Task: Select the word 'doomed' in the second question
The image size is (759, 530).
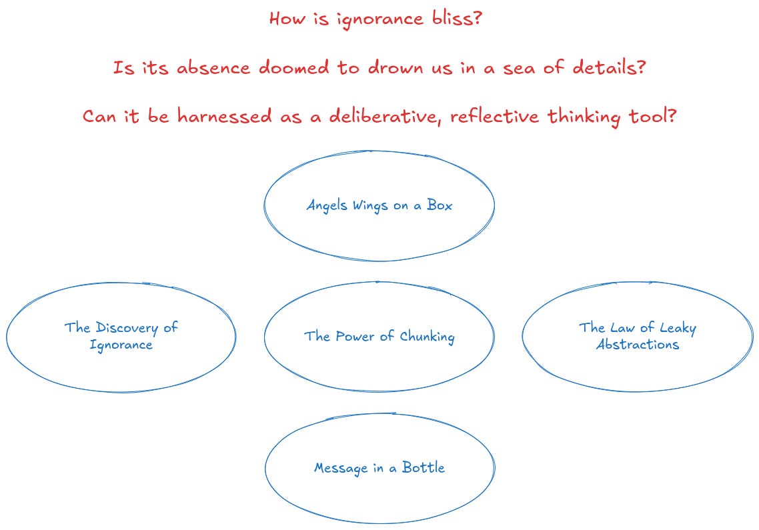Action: (297, 67)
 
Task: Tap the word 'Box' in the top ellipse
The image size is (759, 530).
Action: (440, 205)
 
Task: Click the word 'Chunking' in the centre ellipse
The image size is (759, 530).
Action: (427, 337)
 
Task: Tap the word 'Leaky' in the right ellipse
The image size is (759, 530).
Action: (678, 328)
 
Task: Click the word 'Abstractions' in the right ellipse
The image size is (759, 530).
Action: (637, 345)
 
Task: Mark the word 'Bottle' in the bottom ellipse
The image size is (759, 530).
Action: (423, 467)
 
